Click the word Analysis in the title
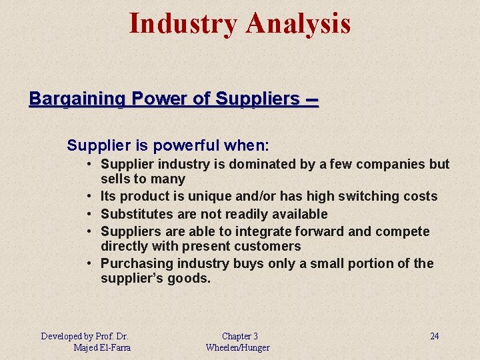click(297, 24)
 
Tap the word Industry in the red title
click(183, 24)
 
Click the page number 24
click(434, 336)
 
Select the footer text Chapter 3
click(239, 336)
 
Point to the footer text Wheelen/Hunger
click(238, 347)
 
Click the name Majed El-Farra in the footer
click(102, 347)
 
